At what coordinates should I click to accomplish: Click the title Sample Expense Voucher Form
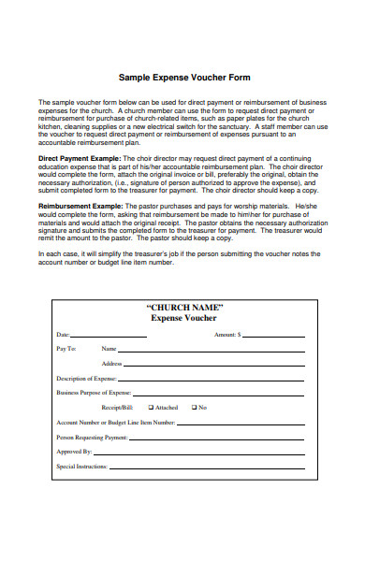coord(183,78)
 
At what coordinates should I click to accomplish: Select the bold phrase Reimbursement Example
coord(79,204)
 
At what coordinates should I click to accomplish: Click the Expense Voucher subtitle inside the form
coord(183,318)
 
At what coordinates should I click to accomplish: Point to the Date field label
coord(64,334)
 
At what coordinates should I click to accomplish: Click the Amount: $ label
coord(227,334)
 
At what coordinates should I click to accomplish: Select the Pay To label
coord(66,349)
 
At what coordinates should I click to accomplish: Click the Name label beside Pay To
coord(109,349)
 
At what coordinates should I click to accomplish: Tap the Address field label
coord(112,364)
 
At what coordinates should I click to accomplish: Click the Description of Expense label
coord(86,379)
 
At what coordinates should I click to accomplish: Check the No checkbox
coord(195,408)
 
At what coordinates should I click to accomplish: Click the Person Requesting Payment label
coord(92,437)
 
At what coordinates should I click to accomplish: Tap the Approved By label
coord(74,452)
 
